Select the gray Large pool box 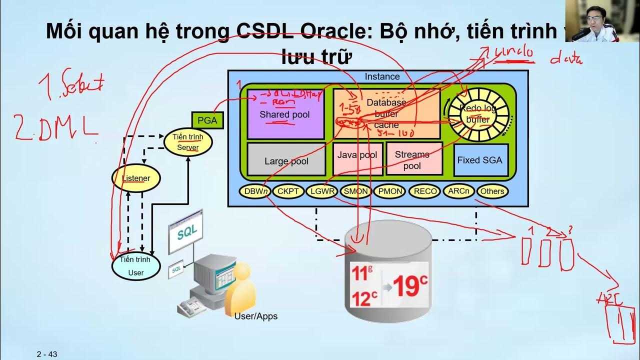pos(286,160)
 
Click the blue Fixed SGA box pos(480,160)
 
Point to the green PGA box pos(207,120)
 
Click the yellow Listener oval pos(136,178)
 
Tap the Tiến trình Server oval pos(188,141)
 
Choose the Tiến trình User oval pos(135,266)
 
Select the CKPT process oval pos(288,191)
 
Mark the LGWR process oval pos(322,191)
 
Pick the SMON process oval pos(356,191)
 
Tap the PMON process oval pos(390,191)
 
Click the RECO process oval pos(425,191)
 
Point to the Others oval pos(492,191)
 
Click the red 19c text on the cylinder pos(410,285)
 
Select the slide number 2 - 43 pos(47,354)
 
